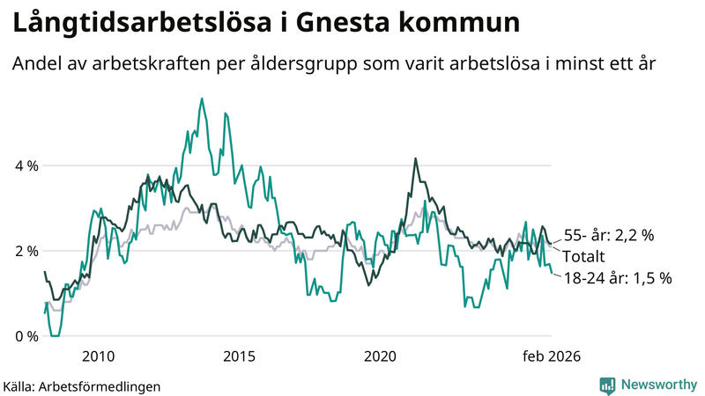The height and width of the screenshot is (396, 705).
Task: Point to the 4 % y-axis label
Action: click(26, 165)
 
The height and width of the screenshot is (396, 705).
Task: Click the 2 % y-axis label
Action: click(26, 251)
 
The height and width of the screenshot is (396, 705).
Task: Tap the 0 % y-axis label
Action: click(26, 336)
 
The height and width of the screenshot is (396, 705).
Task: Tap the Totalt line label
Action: click(583, 257)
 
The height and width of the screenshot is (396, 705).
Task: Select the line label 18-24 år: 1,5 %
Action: click(617, 278)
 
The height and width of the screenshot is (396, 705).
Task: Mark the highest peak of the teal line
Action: click(202, 99)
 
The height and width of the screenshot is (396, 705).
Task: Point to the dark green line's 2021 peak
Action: click(414, 159)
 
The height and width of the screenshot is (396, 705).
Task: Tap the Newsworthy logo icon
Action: click(607, 385)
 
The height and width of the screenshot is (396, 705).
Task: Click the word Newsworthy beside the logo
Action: click(658, 385)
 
